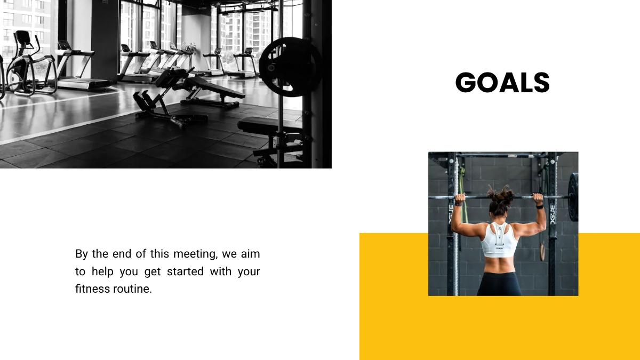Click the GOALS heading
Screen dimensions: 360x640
coord(502,83)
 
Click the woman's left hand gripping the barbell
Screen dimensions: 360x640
coord(459,198)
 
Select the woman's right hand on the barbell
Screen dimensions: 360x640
coord(539,198)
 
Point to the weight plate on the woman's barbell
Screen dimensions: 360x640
coord(573,197)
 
